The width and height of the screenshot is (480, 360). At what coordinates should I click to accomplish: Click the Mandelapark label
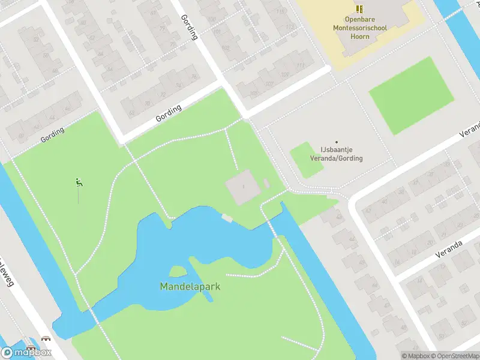coord(190,287)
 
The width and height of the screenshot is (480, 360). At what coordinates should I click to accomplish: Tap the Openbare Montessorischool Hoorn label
coord(359,28)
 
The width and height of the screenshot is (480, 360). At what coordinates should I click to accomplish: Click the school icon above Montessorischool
coord(359,8)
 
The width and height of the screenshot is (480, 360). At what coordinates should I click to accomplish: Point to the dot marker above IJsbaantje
coord(336,142)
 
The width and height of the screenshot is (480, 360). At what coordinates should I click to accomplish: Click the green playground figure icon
coord(78,182)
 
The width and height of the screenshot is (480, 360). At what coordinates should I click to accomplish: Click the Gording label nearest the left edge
coord(52,134)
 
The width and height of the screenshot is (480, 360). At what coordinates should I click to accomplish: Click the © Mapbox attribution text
coord(417,356)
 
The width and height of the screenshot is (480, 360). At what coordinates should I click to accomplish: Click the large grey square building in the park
coord(243,187)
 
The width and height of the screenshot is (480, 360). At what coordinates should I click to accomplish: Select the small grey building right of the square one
coord(266,183)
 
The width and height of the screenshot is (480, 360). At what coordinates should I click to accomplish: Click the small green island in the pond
coord(178,272)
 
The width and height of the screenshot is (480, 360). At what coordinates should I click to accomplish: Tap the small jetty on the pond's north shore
coord(227,217)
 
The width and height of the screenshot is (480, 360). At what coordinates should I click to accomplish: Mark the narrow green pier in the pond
coord(201,279)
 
